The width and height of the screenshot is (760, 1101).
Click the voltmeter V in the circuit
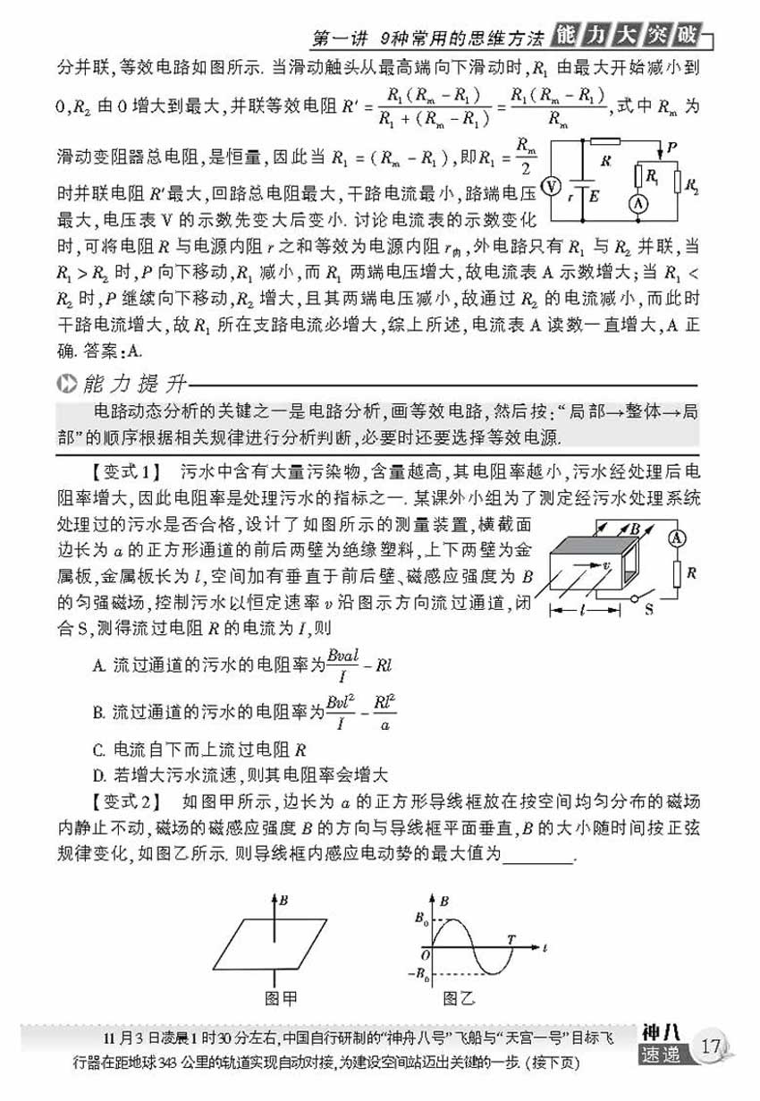click(552, 185)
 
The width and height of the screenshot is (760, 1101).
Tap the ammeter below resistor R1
click(638, 204)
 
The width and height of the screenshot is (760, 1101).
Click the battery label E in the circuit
click(595, 199)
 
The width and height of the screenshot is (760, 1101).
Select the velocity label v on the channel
click(605, 565)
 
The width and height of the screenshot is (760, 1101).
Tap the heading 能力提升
click(132, 385)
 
